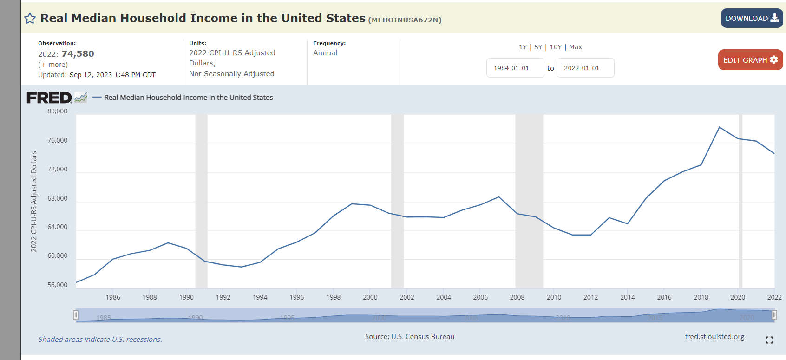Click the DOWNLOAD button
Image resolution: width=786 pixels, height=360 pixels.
(x=752, y=18)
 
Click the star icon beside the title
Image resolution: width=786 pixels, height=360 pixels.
(x=30, y=19)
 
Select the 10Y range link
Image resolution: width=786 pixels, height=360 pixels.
(x=556, y=47)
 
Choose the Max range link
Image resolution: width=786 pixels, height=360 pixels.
(x=576, y=47)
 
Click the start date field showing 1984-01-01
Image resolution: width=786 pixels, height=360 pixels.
(x=515, y=68)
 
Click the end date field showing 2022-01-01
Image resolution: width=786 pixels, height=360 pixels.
(x=585, y=68)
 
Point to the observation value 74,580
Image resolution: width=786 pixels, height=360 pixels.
(x=78, y=54)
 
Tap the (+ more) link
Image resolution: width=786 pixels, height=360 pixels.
(x=53, y=65)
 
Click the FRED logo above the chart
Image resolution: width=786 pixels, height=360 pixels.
(x=49, y=98)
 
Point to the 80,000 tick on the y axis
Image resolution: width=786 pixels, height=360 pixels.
(x=58, y=111)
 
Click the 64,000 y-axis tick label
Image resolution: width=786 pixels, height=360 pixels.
(x=58, y=227)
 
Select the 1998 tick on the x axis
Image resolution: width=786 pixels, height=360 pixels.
(x=334, y=297)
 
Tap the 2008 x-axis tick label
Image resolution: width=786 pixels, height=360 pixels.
(x=517, y=297)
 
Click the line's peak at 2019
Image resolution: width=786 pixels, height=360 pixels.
(x=720, y=127)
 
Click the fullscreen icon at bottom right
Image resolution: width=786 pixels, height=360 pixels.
(x=769, y=340)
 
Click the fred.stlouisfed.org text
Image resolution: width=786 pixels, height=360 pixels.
(x=714, y=337)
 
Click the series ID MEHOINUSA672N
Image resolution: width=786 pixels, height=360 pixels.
(x=405, y=20)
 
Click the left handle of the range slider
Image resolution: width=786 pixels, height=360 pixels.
(x=76, y=315)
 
